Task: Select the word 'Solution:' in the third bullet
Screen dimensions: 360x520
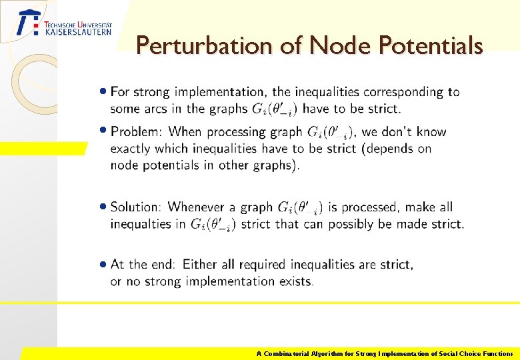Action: coord(136,207)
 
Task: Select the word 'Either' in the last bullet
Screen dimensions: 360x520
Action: coord(201,265)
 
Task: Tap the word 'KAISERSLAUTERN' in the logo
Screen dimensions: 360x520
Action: coord(78,31)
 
